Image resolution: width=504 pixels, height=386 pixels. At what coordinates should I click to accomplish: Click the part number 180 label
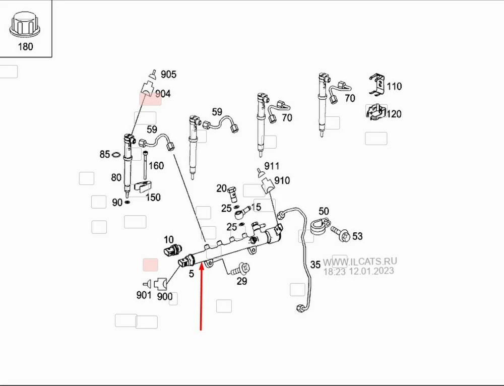[x=25, y=47]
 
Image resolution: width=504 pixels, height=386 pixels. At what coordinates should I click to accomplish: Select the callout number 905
[x=168, y=75]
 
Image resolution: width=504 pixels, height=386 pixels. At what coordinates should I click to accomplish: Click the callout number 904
[x=162, y=94]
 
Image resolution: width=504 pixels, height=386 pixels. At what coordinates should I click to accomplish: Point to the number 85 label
[x=104, y=154]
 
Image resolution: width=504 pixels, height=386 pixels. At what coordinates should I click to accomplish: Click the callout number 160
[x=156, y=166]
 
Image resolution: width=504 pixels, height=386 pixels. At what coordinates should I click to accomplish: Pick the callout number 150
[x=153, y=198]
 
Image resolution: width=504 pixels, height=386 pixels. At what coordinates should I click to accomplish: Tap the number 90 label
[x=117, y=203]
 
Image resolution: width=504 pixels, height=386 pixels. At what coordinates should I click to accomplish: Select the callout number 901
[x=144, y=295]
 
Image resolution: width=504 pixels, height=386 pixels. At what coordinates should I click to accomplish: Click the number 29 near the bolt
[x=242, y=281]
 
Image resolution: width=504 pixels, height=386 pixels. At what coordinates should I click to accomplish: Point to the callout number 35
[x=315, y=264]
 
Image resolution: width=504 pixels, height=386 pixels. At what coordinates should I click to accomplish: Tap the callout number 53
[x=357, y=236]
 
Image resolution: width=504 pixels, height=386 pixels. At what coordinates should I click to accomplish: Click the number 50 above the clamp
[x=324, y=211]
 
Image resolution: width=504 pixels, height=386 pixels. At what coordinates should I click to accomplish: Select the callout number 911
[x=271, y=166]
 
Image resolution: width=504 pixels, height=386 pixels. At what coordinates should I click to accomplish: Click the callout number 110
[x=394, y=86]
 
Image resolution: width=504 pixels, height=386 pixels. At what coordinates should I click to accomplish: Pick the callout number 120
[x=394, y=114]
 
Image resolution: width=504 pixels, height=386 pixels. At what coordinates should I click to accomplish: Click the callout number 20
[x=221, y=188]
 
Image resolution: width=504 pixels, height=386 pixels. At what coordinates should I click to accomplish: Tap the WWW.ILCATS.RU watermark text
[x=360, y=261]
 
